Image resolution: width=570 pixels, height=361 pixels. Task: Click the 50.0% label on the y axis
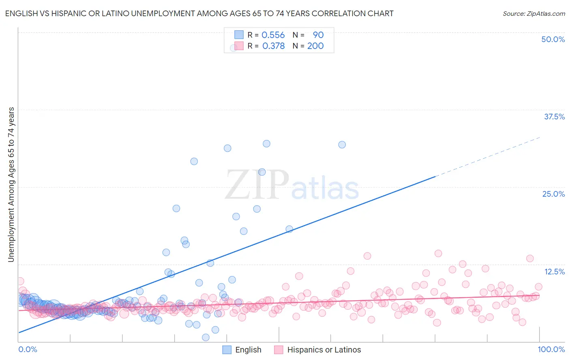pyautogui.click(x=553, y=39)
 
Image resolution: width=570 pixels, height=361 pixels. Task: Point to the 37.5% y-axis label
pyautogui.click(x=554, y=117)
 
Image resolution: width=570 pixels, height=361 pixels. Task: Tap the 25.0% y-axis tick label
pyautogui.click(x=553, y=194)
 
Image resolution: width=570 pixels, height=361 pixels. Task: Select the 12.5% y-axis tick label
pyautogui.click(x=554, y=272)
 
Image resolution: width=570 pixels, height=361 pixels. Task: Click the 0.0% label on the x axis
pyautogui.click(x=28, y=349)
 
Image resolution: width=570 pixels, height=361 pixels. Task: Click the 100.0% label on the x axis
pyautogui.click(x=551, y=349)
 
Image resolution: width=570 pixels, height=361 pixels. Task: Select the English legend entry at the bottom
pyautogui.click(x=242, y=350)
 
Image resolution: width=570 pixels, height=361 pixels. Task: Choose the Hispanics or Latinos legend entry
pyautogui.click(x=317, y=350)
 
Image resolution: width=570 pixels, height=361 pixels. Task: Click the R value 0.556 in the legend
pyautogui.click(x=273, y=35)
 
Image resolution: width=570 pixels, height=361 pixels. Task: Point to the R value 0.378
pyautogui.click(x=273, y=46)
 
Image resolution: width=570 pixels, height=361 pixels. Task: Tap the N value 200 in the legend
pyautogui.click(x=315, y=46)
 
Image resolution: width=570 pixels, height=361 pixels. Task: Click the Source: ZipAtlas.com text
pyautogui.click(x=534, y=13)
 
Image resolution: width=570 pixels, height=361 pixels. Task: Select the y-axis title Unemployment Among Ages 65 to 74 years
pyautogui.click(x=11, y=185)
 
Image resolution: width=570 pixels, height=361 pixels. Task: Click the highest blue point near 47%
pyautogui.click(x=234, y=48)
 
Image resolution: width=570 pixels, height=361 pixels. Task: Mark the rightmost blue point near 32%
pyautogui.click(x=342, y=144)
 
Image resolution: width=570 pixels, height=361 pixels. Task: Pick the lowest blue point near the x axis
pyautogui.click(x=206, y=337)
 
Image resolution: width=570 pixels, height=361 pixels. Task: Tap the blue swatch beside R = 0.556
pyautogui.click(x=239, y=35)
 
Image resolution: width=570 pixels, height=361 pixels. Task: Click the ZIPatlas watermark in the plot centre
pyautogui.click(x=291, y=185)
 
